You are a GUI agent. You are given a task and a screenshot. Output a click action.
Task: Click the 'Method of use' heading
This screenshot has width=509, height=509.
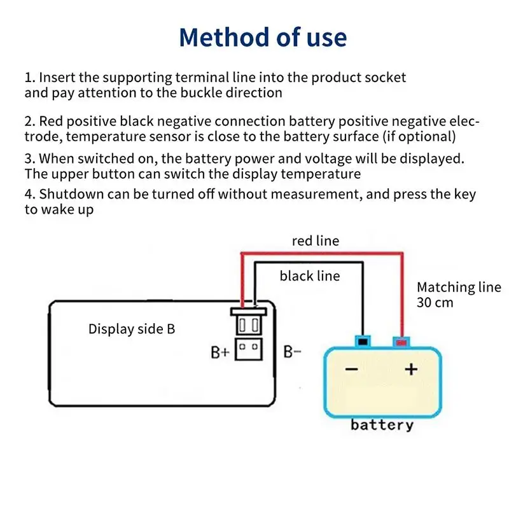[x=263, y=37]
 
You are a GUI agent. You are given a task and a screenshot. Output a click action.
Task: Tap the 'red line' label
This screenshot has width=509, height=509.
[x=316, y=241]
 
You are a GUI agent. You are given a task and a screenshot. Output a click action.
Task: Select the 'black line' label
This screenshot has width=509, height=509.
[x=310, y=276]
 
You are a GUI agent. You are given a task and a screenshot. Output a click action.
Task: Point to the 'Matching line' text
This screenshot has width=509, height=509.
[x=459, y=288]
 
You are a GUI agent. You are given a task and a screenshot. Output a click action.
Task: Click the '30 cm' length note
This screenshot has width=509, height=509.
[x=435, y=302]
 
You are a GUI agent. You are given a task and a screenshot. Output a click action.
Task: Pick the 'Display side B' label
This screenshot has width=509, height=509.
[x=132, y=329]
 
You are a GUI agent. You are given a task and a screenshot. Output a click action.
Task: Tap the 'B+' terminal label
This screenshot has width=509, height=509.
[x=220, y=351]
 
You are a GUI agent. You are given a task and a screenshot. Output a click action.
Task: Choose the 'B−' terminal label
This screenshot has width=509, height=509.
[x=292, y=351]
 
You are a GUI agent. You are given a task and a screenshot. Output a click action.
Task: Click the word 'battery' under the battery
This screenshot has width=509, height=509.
[x=382, y=425]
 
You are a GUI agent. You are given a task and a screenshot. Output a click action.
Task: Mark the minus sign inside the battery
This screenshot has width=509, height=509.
[x=352, y=369]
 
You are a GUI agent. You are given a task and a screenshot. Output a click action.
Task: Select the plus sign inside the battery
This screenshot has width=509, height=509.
[x=411, y=368]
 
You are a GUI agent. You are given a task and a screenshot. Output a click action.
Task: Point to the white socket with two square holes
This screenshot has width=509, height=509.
[x=249, y=349]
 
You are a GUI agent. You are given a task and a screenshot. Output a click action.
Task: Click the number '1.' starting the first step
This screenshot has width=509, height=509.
[x=30, y=78]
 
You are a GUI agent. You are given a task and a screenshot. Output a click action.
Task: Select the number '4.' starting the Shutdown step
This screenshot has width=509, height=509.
[x=30, y=195]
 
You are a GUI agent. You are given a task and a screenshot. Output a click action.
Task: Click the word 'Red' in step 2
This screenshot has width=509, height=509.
[x=52, y=122]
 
